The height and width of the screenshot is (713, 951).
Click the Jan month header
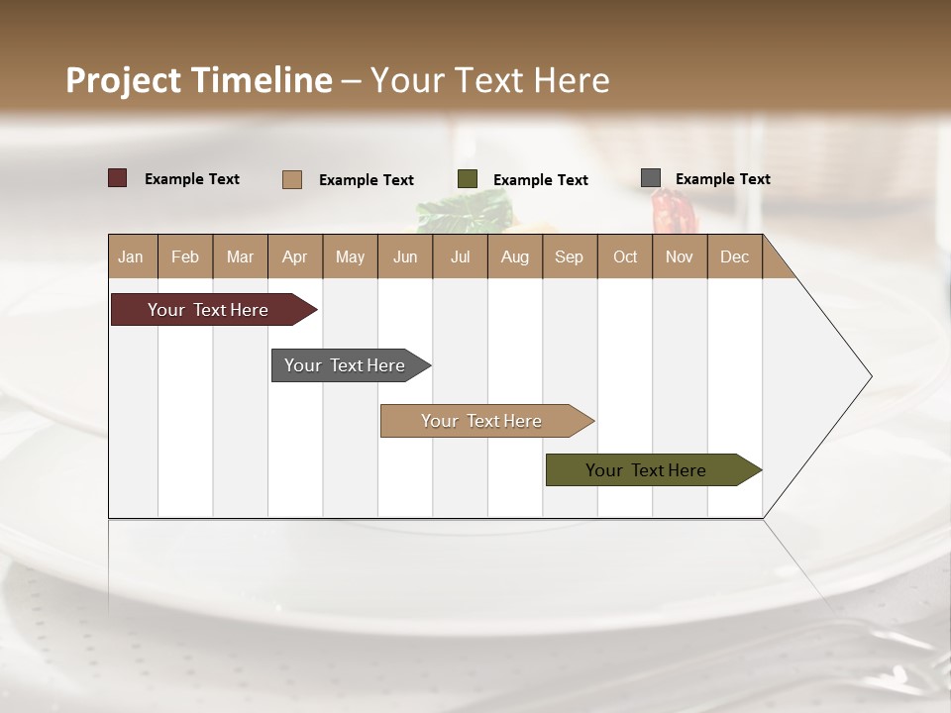point(131,256)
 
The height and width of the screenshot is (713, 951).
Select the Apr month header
point(294,256)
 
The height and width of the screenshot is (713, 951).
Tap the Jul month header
point(460,256)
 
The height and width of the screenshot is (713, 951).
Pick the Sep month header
point(569,256)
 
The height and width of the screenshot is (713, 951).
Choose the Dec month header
point(734,256)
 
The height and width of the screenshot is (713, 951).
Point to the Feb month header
point(185,256)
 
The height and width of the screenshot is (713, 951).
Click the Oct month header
point(625,256)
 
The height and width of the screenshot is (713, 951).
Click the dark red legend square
point(117,178)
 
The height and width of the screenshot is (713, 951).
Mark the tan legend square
point(292,179)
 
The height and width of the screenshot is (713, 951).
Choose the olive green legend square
point(468,179)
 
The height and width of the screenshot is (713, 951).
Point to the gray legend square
point(651,178)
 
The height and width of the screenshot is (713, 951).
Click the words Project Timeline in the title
point(199,80)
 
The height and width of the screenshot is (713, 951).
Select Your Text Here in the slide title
point(489,80)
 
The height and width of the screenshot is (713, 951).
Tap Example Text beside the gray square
point(722,179)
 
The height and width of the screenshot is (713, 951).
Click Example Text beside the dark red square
point(192,179)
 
